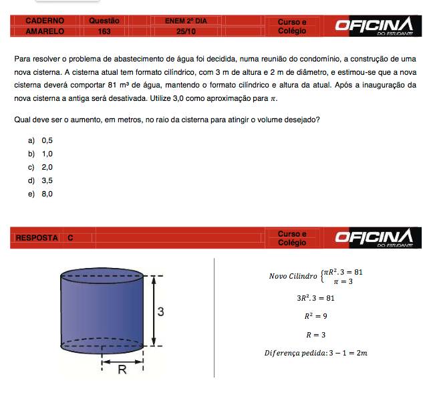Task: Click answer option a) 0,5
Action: [x=41, y=140]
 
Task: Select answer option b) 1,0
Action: [x=41, y=154]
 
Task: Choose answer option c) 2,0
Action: [x=41, y=167]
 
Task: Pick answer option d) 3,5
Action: [x=41, y=180]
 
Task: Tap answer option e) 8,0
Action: [x=41, y=194]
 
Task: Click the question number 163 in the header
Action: [x=104, y=31]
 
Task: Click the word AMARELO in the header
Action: [x=45, y=31]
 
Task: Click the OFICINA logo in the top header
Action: [x=374, y=25]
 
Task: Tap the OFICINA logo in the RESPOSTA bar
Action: [x=374, y=238]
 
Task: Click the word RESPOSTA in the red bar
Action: [x=37, y=238]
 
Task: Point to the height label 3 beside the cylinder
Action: [x=161, y=311]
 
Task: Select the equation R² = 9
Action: [x=315, y=316]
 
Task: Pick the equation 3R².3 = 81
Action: [x=315, y=298]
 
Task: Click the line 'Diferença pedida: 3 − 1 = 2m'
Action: [x=315, y=353]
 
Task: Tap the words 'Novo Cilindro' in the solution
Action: [x=293, y=276]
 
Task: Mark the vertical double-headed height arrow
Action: [x=154, y=311]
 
